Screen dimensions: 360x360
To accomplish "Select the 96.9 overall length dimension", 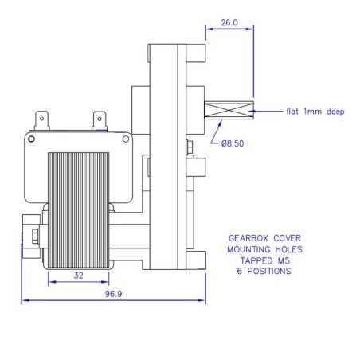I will pos(114,293).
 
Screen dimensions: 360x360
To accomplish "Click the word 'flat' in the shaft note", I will pos(294,112).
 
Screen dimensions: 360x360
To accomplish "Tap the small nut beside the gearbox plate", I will pos(190,147).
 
